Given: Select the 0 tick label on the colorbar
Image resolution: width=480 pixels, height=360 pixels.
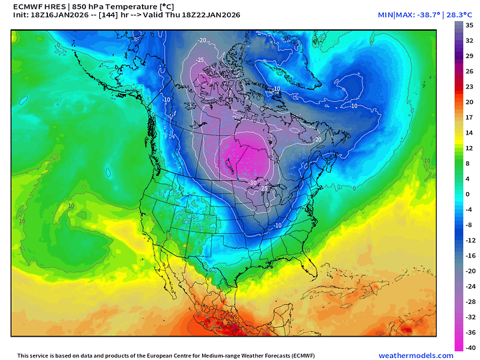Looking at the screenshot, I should (x=468, y=193).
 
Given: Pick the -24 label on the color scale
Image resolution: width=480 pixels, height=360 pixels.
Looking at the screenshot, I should (x=470, y=286).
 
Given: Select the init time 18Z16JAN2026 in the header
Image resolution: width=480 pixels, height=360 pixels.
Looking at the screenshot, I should (x=61, y=15).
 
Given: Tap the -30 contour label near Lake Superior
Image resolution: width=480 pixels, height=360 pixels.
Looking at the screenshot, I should (x=253, y=182).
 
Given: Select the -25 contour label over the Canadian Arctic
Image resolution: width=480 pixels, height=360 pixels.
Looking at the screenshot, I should (x=199, y=60).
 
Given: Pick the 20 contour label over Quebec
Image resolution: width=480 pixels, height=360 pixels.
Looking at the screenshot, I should (x=319, y=139).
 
